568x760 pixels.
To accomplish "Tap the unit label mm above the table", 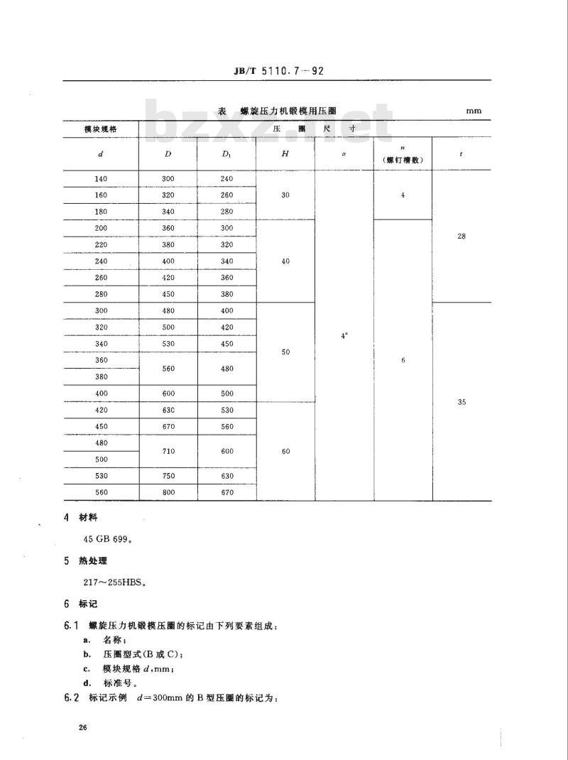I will click(474, 112).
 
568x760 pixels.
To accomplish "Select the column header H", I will click(285, 153).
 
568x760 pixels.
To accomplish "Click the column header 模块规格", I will click(100, 129).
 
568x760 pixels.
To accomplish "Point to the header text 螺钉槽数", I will click(403, 160).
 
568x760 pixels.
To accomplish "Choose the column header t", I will click(461, 153).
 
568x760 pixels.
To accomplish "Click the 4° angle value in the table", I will click(344, 335).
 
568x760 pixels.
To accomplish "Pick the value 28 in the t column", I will click(461, 236).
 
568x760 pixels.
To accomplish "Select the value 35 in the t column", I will click(461, 402).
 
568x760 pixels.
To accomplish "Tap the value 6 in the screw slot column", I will click(403, 361).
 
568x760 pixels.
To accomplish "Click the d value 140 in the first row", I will click(100, 179).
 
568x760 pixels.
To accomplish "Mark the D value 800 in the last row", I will click(168, 492).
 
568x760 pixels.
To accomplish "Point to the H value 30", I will click(285, 195).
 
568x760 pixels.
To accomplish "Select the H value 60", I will click(285, 451).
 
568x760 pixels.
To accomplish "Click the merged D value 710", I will click(168, 451).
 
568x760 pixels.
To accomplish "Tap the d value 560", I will click(100, 492).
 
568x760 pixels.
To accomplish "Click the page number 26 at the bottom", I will click(84, 728).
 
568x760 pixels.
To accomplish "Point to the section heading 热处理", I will click(93, 560).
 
